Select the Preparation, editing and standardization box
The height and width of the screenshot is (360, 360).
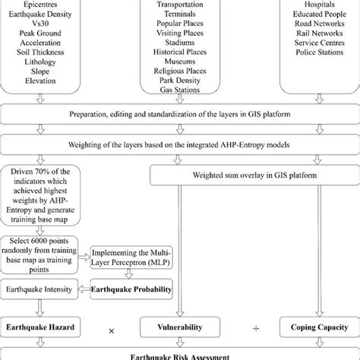(180, 115)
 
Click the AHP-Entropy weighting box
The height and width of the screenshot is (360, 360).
(180, 144)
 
